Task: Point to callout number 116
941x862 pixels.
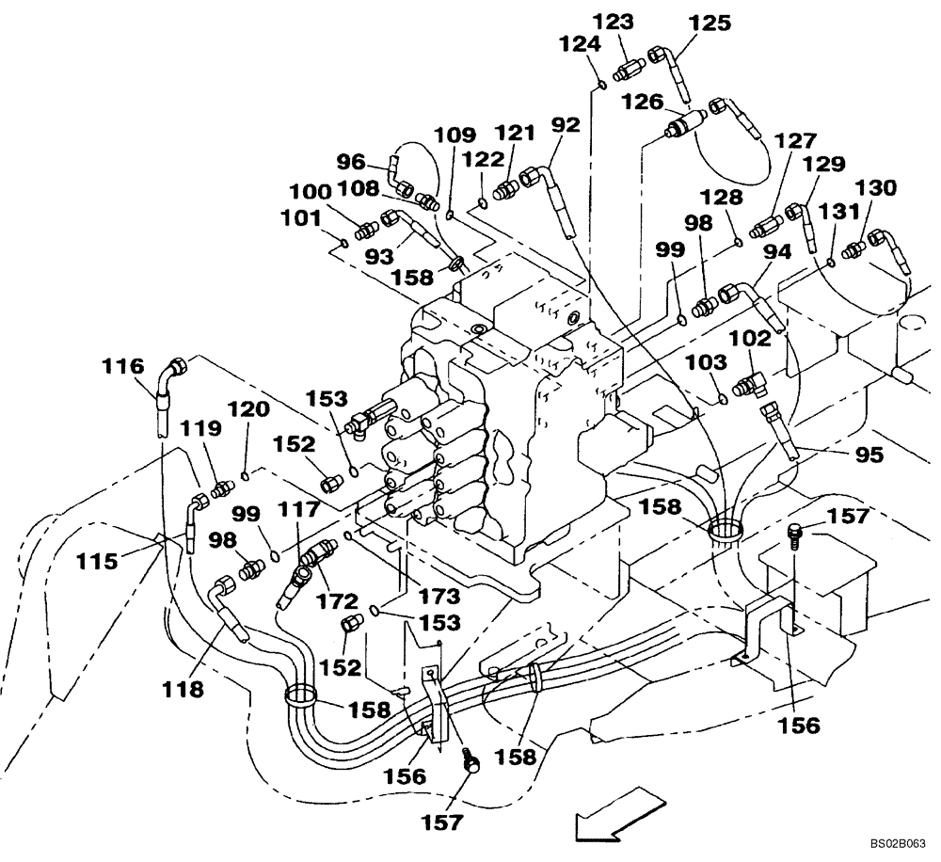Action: tap(123, 365)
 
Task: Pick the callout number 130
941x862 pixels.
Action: tap(876, 187)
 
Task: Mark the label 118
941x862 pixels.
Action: tap(182, 690)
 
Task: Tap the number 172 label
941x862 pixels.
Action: tap(336, 599)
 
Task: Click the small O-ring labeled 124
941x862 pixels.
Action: tap(599, 86)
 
